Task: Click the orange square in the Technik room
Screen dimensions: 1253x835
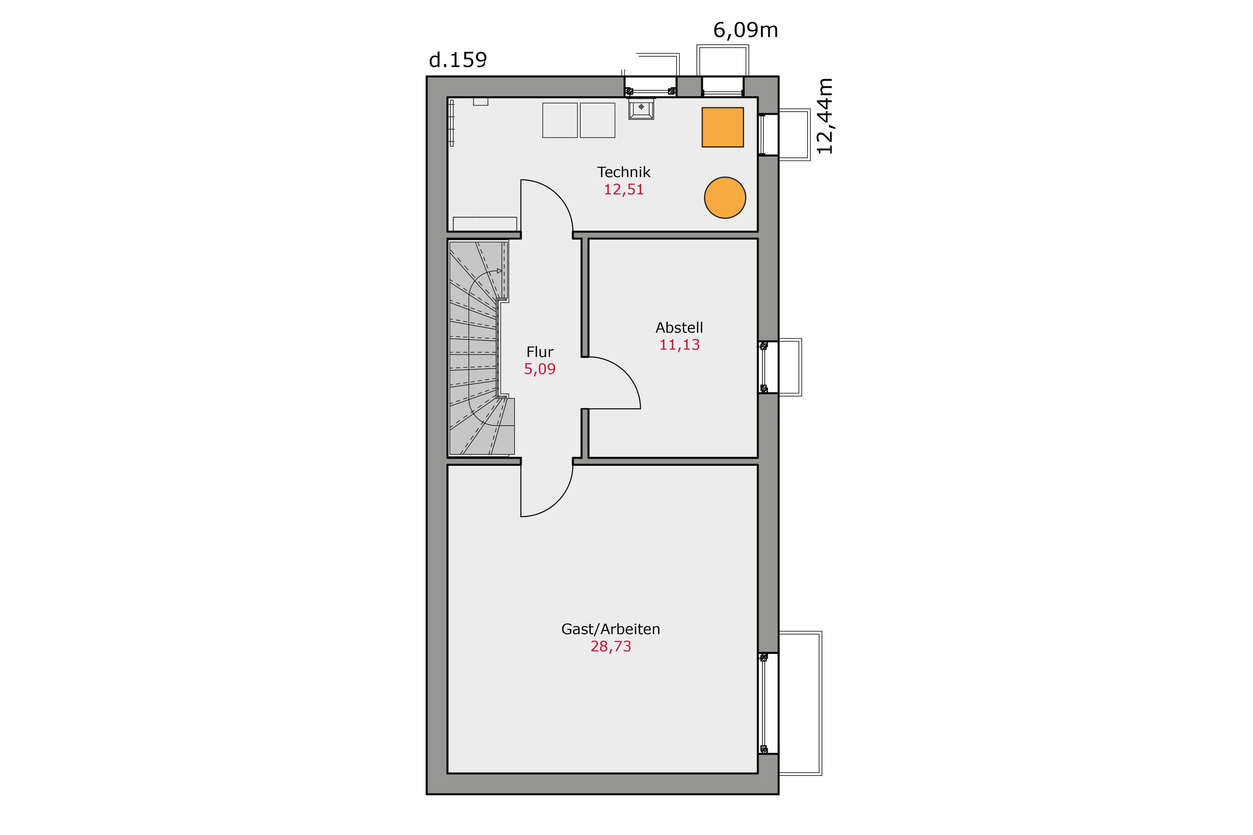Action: tap(722, 127)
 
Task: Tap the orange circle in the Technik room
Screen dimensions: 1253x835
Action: tap(725, 198)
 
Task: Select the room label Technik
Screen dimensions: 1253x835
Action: tap(624, 172)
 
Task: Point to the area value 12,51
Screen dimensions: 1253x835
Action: tap(624, 189)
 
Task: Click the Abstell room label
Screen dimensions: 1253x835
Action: tap(679, 328)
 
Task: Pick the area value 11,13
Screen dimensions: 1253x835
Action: tap(679, 345)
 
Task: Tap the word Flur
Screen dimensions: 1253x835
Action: tap(540, 352)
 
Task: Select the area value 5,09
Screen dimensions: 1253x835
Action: tap(540, 369)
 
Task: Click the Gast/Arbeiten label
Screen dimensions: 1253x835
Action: tap(610, 629)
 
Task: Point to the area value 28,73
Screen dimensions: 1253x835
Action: tap(610, 646)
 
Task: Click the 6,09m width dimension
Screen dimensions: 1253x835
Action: tap(745, 31)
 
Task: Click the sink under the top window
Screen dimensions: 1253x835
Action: tap(641, 109)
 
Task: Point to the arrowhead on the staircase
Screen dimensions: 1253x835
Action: tap(499, 271)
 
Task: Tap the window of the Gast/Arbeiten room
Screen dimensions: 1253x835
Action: tap(768, 703)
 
